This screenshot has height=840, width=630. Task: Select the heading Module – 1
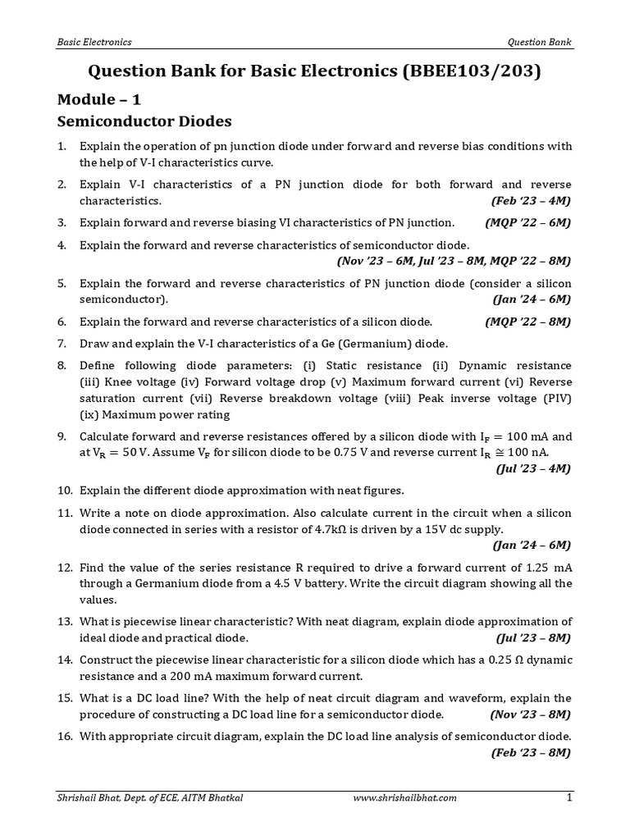pos(98,100)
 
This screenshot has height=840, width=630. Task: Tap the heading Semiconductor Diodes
pos(144,122)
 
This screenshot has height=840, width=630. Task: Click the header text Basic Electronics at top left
pos(94,42)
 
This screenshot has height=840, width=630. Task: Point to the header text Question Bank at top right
pos(540,42)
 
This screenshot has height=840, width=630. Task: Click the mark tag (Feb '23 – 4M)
pos(531,200)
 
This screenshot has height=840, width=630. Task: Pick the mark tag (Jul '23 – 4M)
pos(533,468)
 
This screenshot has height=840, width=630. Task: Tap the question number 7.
pos(62,343)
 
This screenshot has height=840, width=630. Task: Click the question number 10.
pos(65,491)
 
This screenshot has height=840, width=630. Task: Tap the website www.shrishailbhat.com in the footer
pos(404,797)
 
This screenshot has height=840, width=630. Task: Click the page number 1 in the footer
pos(568,797)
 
